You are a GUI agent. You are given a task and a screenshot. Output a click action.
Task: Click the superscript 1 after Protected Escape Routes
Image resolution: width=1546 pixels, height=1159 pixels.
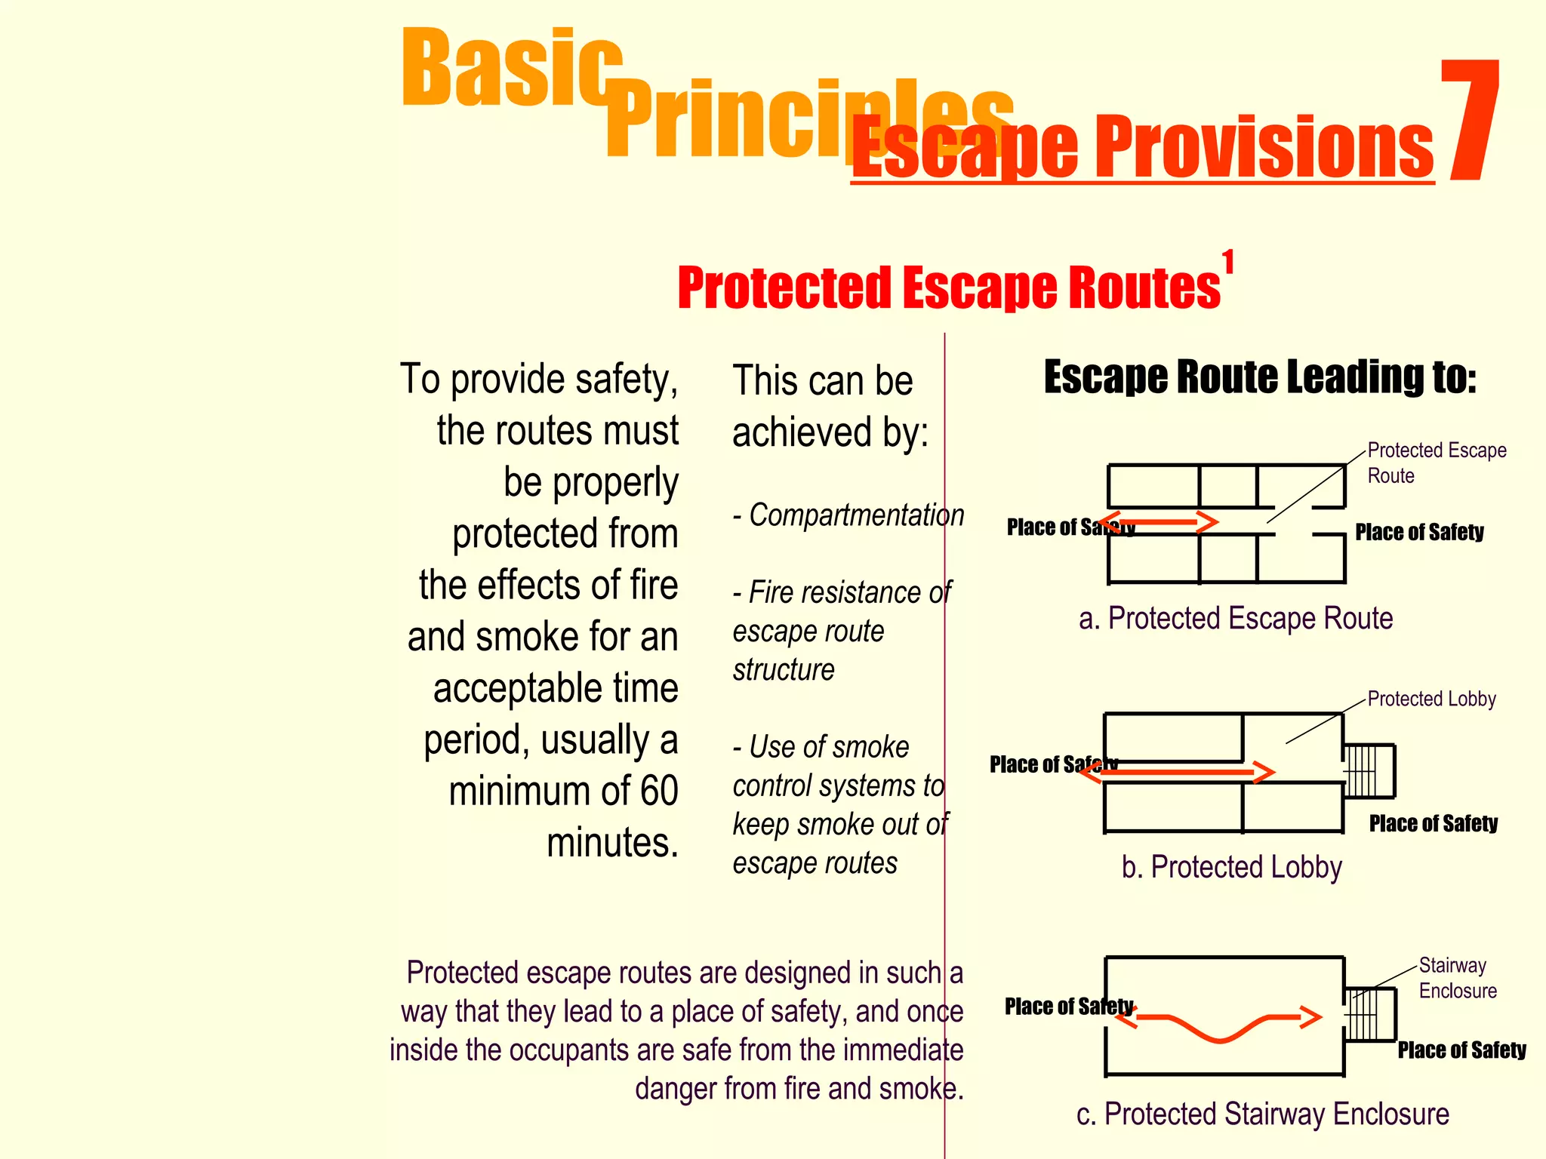click(x=1228, y=263)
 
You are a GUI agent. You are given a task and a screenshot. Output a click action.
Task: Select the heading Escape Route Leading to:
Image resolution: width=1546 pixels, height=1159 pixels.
click(x=1259, y=377)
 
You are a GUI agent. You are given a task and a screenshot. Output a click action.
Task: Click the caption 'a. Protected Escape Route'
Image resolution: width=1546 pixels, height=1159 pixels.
click(x=1235, y=619)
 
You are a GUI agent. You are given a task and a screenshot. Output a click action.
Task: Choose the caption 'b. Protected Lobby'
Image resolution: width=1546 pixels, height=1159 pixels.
click(x=1231, y=867)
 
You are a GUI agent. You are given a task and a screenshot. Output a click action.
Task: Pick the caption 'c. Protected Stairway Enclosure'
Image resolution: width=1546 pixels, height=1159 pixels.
click(x=1262, y=1114)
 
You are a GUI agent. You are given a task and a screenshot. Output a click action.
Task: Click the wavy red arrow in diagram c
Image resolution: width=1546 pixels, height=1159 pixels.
click(x=1219, y=1025)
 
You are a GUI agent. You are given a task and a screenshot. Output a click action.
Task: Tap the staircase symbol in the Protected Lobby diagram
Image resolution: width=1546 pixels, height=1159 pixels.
click(x=1368, y=771)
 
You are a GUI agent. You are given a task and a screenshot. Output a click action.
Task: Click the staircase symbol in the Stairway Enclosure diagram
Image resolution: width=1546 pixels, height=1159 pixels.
click(x=1369, y=1015)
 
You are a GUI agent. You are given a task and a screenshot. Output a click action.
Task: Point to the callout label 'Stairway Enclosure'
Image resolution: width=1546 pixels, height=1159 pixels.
click(x=1456, y=978)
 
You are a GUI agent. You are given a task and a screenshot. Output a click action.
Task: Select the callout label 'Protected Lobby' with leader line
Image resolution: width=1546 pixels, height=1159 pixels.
click(x=1431, y=699)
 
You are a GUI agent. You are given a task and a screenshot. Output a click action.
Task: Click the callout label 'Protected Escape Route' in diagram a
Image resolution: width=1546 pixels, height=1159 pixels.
click(x=1436, y=463)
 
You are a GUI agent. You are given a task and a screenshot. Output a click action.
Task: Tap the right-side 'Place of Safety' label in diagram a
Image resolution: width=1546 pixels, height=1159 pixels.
click(x=1419, y=532)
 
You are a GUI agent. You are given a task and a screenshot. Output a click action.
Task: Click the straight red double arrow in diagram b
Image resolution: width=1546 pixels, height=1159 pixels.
click(x=1178, y=772)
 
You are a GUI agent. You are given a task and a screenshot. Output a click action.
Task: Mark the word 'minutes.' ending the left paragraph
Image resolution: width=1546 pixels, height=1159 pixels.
click(x=612, y=843)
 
